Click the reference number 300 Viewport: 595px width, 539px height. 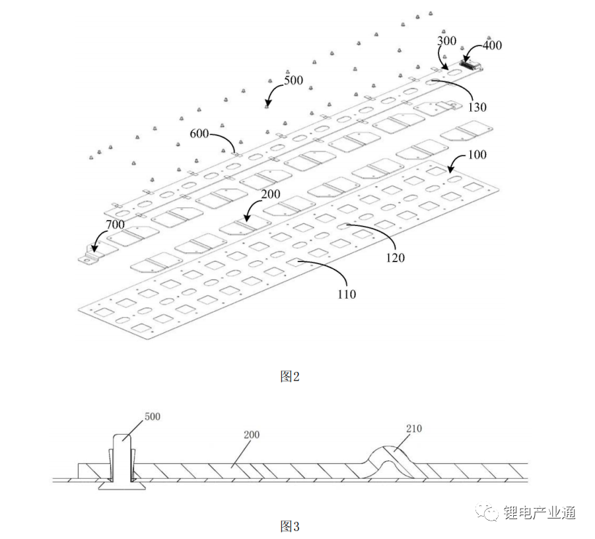(447, 40)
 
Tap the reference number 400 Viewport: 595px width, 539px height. (492, 46)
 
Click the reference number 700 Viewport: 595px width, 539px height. (114, 225)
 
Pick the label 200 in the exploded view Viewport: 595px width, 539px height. (270, 195)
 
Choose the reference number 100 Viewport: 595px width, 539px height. (476, 155)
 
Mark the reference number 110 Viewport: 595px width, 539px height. (346, 294)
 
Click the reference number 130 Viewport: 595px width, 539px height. (477, 108)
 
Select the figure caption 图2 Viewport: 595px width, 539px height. (290, 377)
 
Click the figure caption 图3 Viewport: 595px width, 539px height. (290, 526)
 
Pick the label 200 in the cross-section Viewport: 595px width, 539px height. (252, 435)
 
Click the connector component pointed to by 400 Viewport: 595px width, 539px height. (471, 65)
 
